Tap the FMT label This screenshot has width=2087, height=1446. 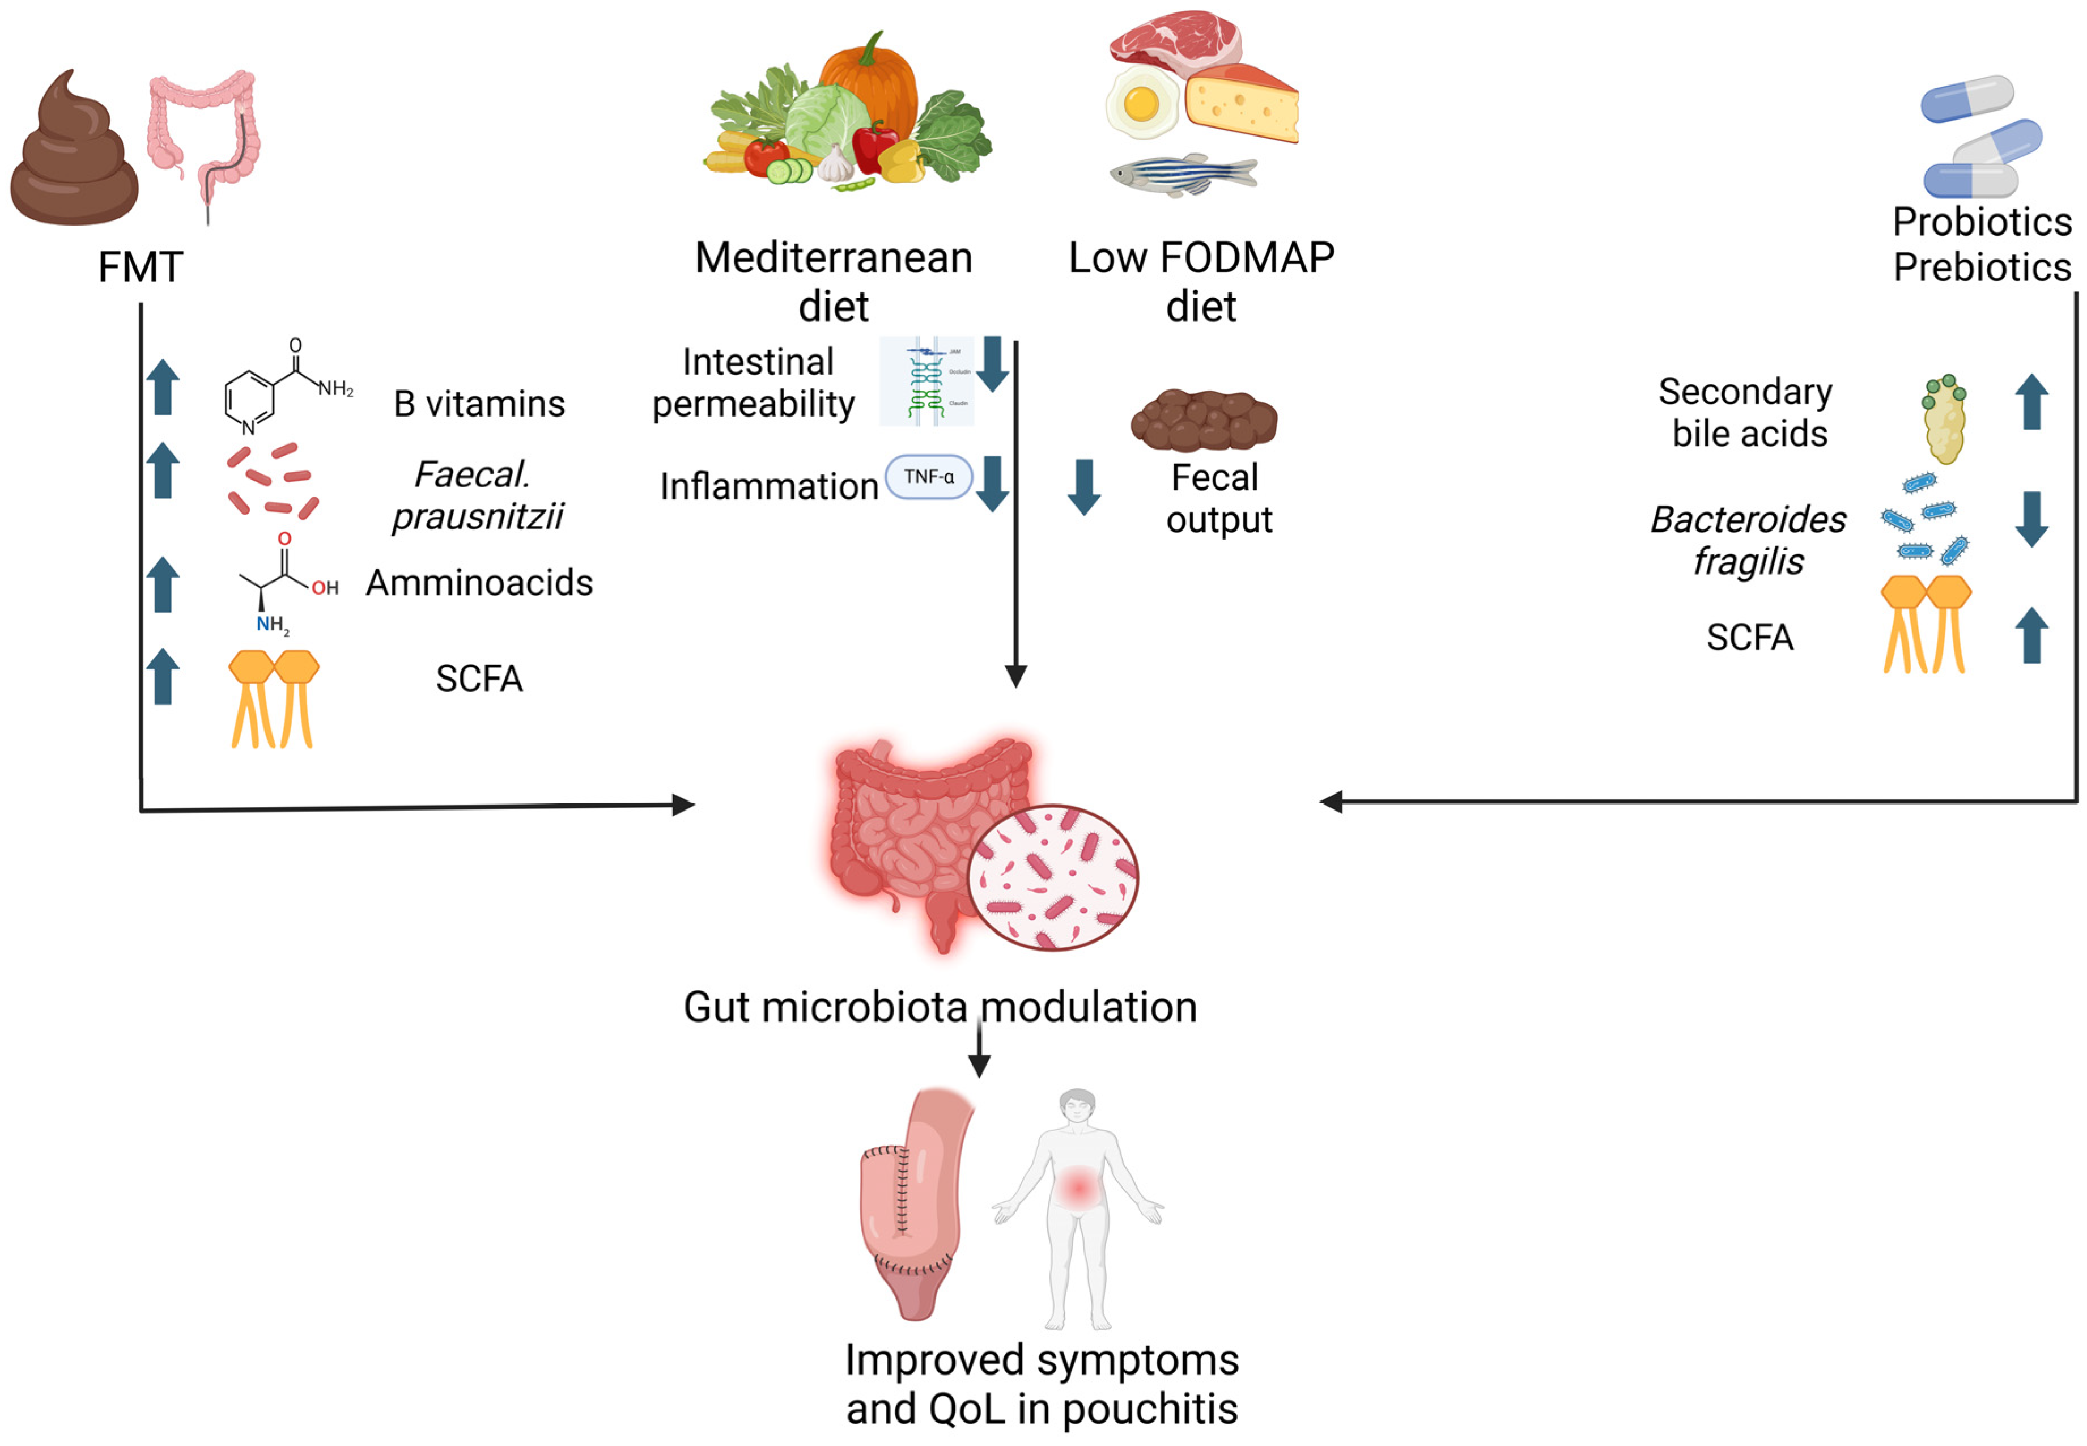141,268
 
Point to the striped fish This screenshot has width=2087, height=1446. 1182,174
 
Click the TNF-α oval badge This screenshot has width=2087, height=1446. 928,477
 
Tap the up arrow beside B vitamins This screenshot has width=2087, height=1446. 163,387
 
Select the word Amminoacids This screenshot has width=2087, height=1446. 479,583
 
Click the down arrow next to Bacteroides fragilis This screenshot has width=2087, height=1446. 2031,519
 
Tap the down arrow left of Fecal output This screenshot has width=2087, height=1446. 1083,486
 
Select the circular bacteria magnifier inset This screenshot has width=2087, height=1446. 1052,877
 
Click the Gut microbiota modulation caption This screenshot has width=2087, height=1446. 940,1007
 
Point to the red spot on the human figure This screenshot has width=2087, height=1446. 1077,1187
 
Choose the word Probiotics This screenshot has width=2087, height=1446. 1982,222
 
